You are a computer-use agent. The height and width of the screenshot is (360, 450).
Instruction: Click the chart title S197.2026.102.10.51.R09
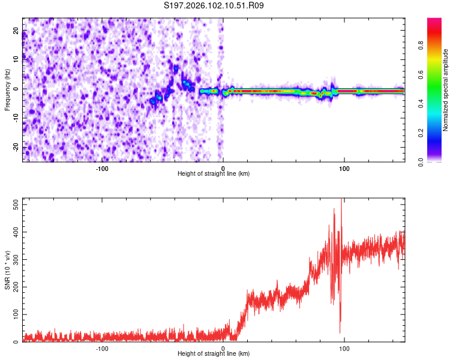214,5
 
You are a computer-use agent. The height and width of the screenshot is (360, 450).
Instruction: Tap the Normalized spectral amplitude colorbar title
446,90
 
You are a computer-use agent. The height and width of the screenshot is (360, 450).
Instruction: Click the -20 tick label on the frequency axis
15,147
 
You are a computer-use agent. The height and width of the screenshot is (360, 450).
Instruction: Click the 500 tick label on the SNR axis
14,205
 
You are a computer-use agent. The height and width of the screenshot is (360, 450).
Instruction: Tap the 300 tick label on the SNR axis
14,259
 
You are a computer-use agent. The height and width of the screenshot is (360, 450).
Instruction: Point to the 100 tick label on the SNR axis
14,314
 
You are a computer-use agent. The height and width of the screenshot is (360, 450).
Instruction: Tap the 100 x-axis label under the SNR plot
344,349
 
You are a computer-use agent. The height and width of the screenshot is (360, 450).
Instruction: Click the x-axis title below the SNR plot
214,354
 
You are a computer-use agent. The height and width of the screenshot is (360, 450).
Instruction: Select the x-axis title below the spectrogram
214,174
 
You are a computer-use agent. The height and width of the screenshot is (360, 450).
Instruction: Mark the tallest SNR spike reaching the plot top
341,200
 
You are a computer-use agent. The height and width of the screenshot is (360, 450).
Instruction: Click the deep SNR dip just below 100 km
340,332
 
